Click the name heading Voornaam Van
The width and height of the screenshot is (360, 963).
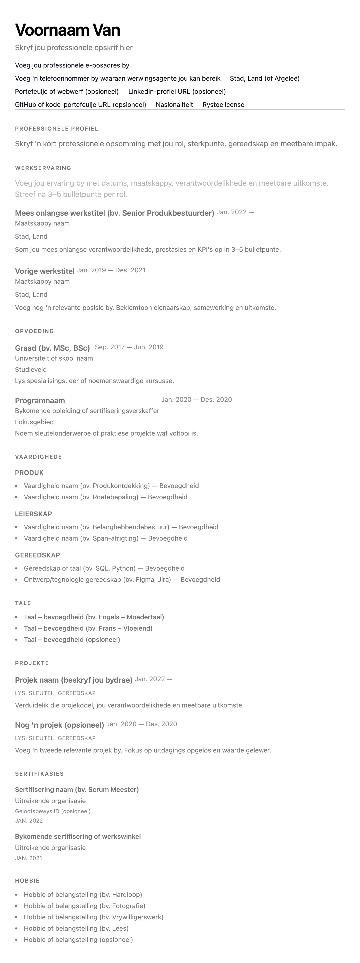click(68, 30)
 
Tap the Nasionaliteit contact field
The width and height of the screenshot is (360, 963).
click(174, 105)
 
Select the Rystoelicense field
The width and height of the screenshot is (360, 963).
click(223, 105)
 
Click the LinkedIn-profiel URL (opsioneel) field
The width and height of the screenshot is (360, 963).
click(177, 92)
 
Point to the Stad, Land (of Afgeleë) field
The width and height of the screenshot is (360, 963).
click(265, 79)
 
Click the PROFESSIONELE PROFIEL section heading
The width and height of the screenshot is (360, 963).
click(56, 129)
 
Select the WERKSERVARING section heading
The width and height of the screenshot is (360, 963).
click(43, 168)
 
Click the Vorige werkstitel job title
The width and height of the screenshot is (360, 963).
click(45, 271)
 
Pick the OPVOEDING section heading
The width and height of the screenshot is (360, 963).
click(34, 331)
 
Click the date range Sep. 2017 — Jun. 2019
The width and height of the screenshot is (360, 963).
click(129, 347)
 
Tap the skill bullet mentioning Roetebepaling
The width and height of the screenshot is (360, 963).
click(105, 497)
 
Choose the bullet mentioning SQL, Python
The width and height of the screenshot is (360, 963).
click(104, 568)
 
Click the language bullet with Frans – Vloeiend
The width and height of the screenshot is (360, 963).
click(88, 628)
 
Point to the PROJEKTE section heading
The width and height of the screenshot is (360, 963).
click(32, 663)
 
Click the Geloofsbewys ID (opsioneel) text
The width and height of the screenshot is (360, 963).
click(53, 811)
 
